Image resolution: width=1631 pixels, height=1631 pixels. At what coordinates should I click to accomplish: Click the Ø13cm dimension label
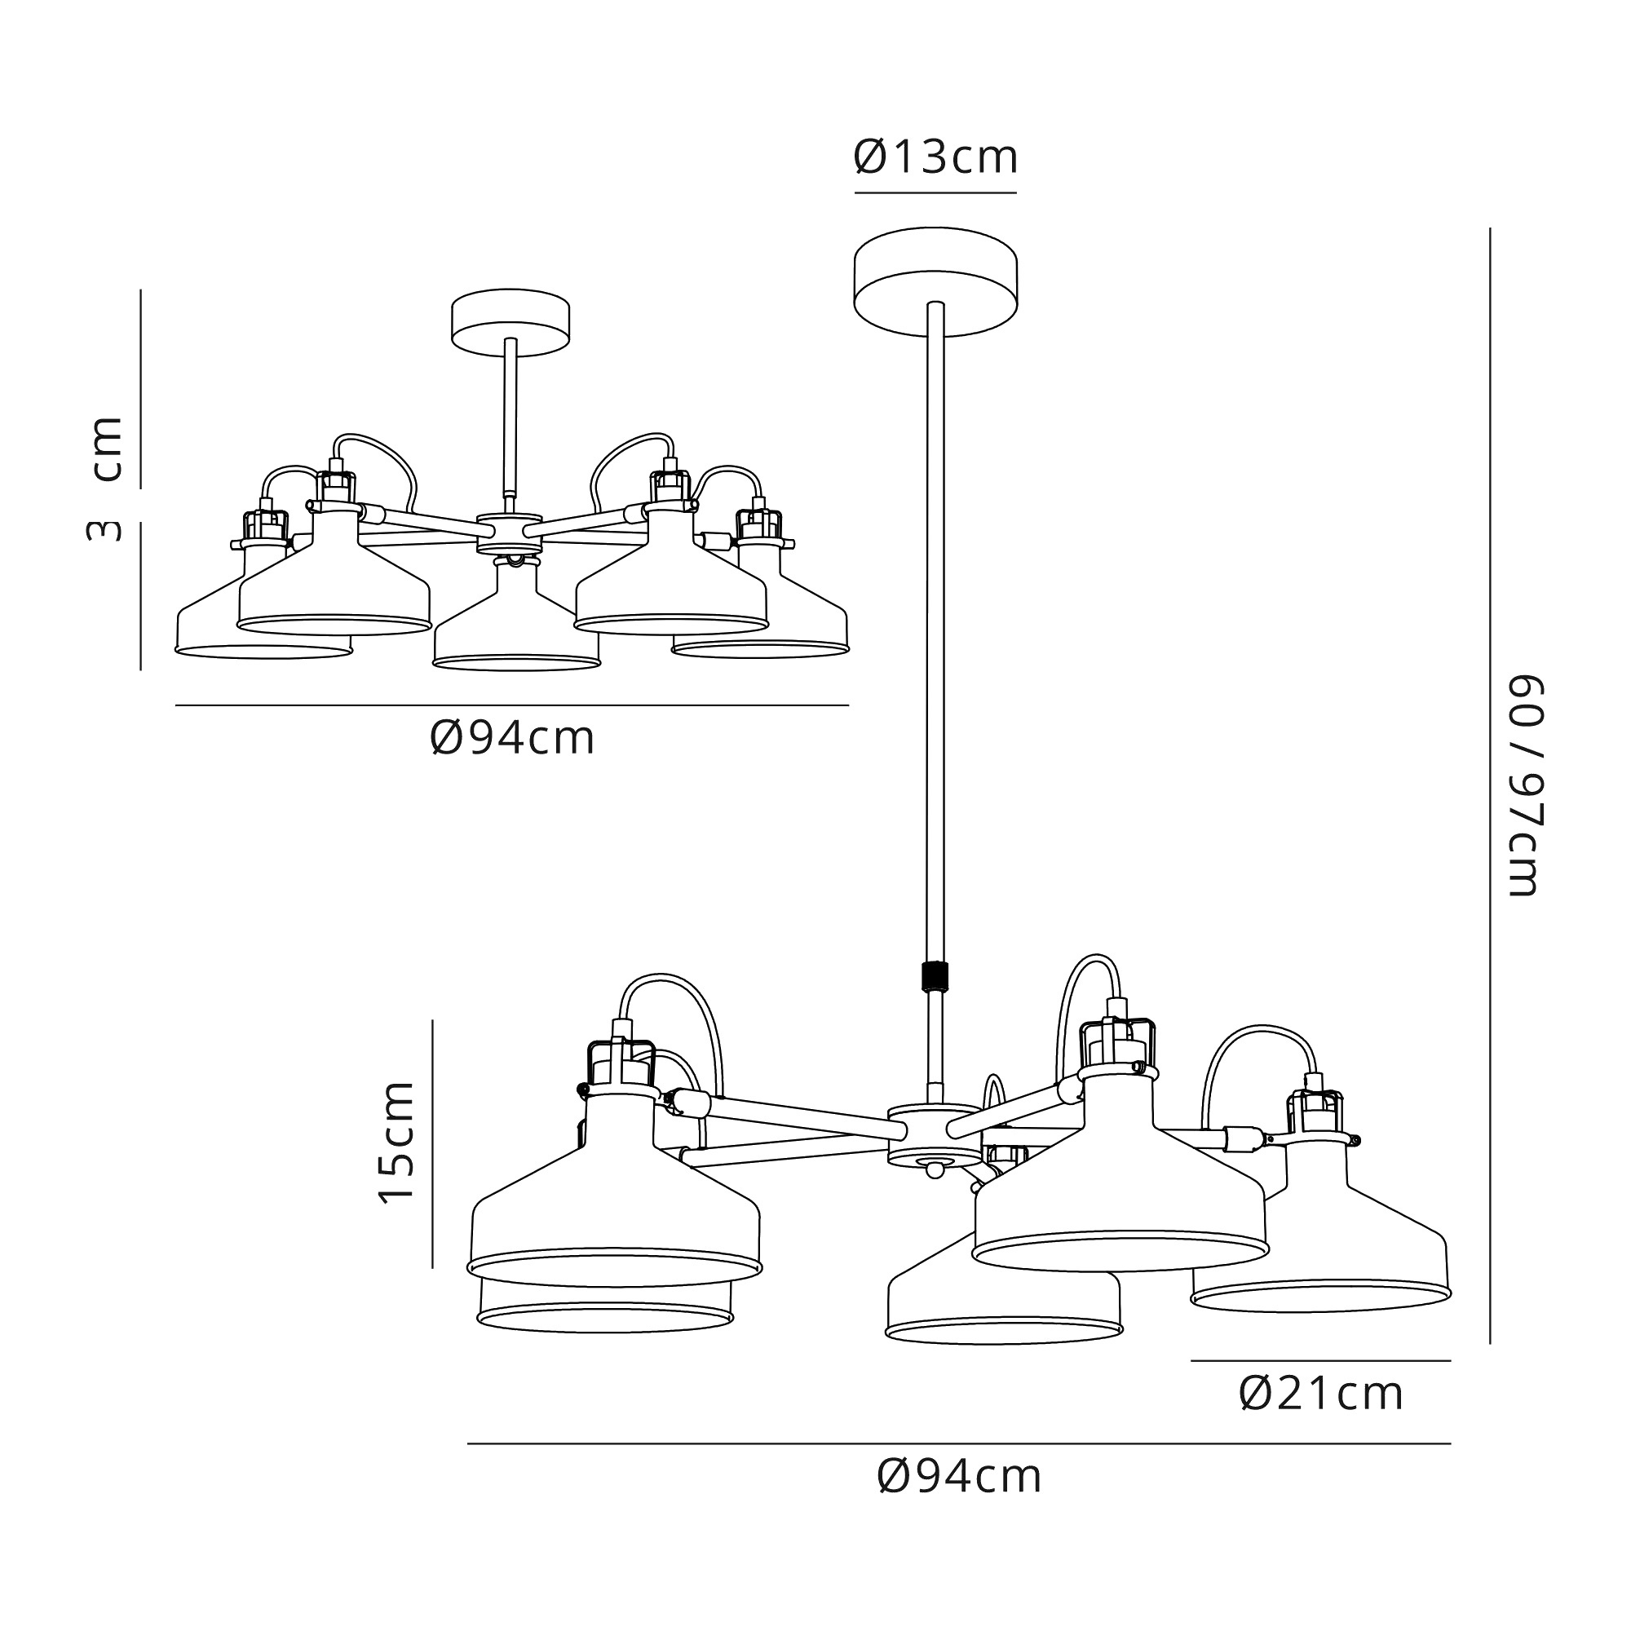pyautogui.click(x=935, y=158)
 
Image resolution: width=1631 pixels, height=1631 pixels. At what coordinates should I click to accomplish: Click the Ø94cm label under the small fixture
pyautogui.click(x=512, y=739)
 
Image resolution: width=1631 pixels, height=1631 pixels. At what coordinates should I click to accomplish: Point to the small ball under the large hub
pyautogui.click(x=934, y=1170)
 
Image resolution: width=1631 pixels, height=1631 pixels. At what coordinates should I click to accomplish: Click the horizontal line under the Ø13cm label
pyautogui.click(x=935, y=193)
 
